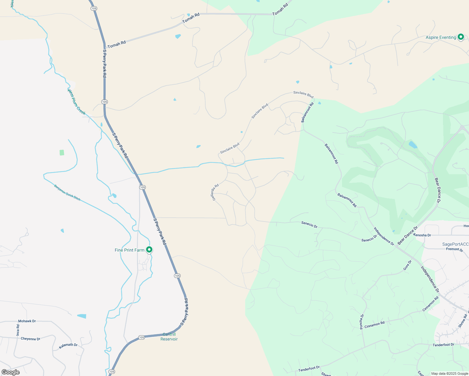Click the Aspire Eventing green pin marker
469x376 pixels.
(461, 37)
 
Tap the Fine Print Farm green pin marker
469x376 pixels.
(150, 250)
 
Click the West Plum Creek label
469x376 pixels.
(76, 102)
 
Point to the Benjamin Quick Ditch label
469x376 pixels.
(67, 193)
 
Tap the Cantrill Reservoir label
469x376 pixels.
(169, 337)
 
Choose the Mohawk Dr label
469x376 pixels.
(27, 321)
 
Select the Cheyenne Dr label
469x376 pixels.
(30, 339)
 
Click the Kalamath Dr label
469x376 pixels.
(68, 345)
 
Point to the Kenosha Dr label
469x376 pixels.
(422, 235)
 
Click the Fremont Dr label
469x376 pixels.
(455, 250)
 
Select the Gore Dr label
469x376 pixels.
(407, 265)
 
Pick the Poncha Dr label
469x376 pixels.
(361, 321)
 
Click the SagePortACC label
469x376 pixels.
(455, 244)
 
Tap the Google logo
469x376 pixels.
(11, 372)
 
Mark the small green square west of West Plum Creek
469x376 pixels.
(62, 153)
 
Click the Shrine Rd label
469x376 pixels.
(463, 321)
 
